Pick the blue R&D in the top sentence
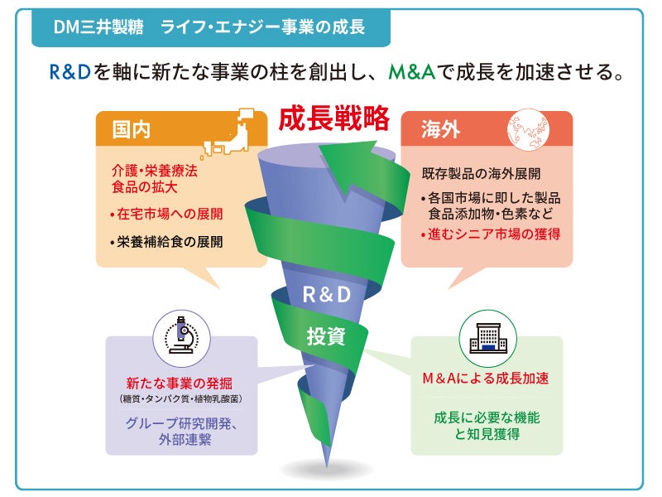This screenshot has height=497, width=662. (70, 72)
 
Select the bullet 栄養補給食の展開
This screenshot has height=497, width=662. (168, 243)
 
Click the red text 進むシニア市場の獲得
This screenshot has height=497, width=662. (491, 234)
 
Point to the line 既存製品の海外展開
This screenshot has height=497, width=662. (481, 175)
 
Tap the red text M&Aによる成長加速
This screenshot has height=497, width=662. (487, 379)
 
